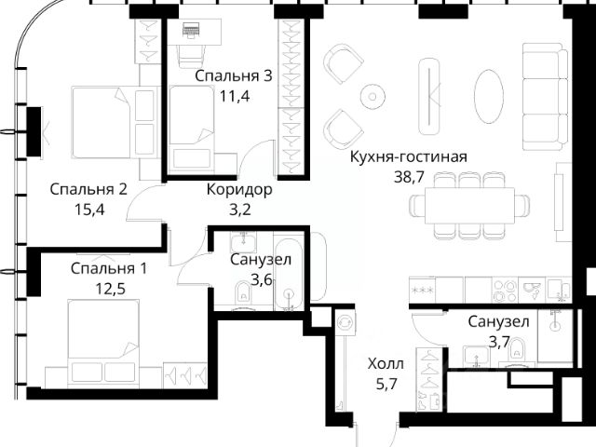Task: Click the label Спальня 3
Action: [x=234, y=76]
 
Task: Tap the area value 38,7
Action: [x=409, y=177]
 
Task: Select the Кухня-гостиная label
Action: [x=409, y=156]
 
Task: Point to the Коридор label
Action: [x=239, y=189]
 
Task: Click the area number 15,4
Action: [x=89, y=210]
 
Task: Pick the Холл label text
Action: [x=386, y=364]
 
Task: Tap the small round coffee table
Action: [x=372, y=96]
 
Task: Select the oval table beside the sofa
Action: [x=489, y=96]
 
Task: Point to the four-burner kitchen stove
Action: [x=505, y=290]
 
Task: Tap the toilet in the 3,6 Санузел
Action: [x=243, y=294]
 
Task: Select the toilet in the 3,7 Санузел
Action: [x=517, y=352]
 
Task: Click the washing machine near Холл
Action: [x=345, y=322]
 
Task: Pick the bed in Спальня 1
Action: [x=103, y=344]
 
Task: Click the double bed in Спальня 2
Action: [x=114, y=122]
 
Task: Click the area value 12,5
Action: [x=110, y=289]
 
